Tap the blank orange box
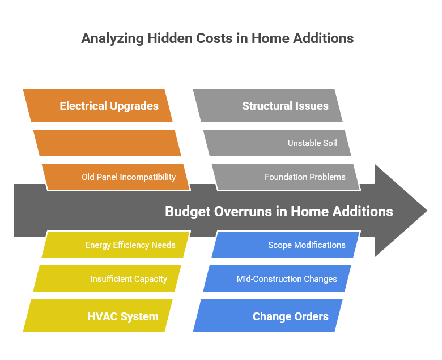(107, 143)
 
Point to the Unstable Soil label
(312, 143)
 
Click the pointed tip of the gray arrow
(426, 211)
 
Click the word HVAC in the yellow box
(103, 316)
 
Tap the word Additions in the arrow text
(363, 212)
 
